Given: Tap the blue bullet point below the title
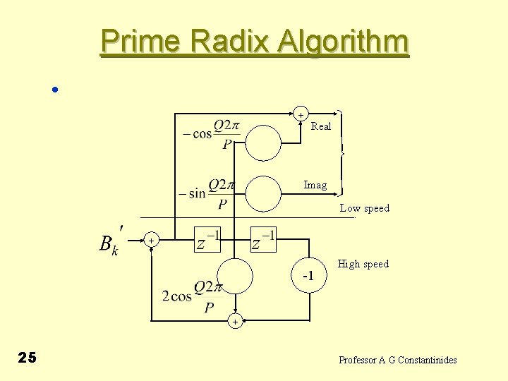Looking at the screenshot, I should [54, 90].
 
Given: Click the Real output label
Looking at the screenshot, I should [321, 126].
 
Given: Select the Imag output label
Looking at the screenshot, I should [315, 185].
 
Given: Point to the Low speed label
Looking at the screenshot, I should [364, 208].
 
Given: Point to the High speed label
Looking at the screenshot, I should [363, 264].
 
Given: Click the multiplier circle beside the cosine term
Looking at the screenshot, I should [263, 143].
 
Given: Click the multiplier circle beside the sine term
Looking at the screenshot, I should [263, 194].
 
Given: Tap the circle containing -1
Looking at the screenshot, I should [308, 274].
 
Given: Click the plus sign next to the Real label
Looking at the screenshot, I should [301, 114].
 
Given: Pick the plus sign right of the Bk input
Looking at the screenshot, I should [151, 241].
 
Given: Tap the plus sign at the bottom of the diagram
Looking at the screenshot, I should [235, 322].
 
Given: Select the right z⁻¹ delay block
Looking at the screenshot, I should [265, 241].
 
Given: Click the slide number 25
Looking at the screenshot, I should [27, 358].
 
